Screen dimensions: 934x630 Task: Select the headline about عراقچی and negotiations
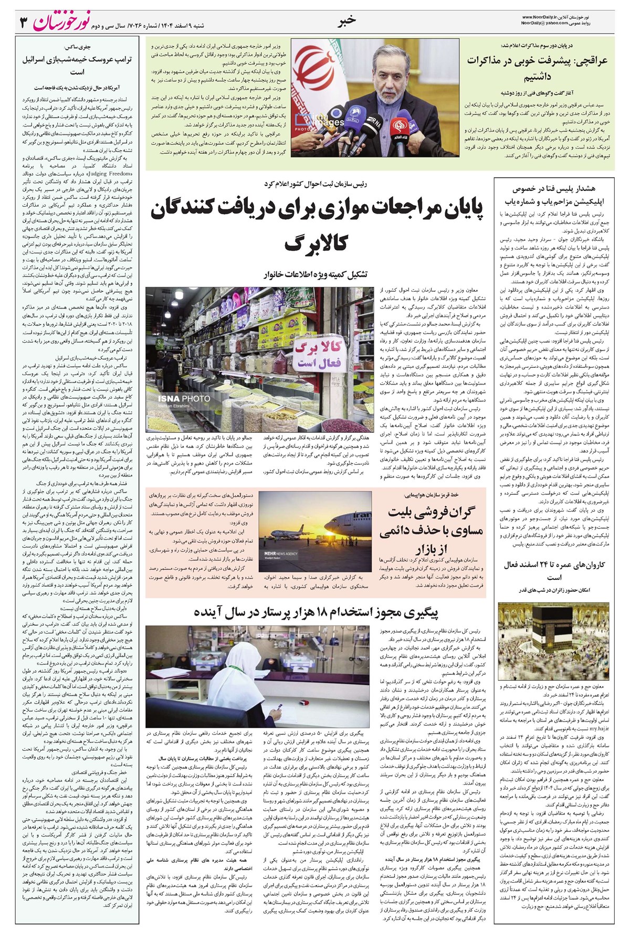[x=537, y=69]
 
